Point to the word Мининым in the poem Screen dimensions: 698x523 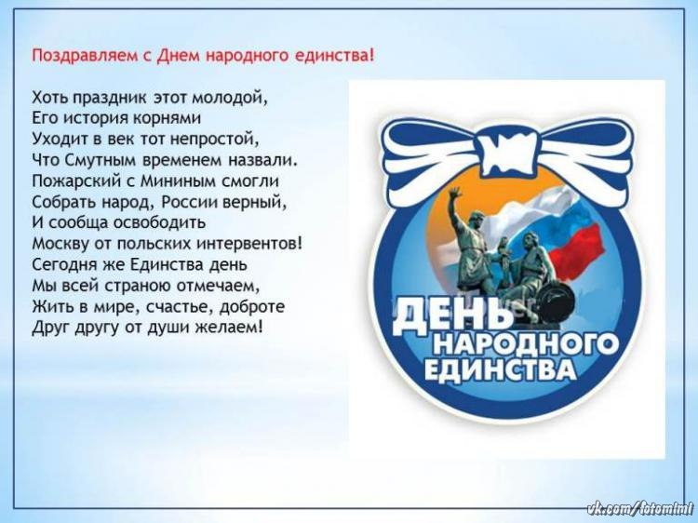pos(178,181)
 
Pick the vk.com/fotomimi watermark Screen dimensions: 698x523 pos(640,509)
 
